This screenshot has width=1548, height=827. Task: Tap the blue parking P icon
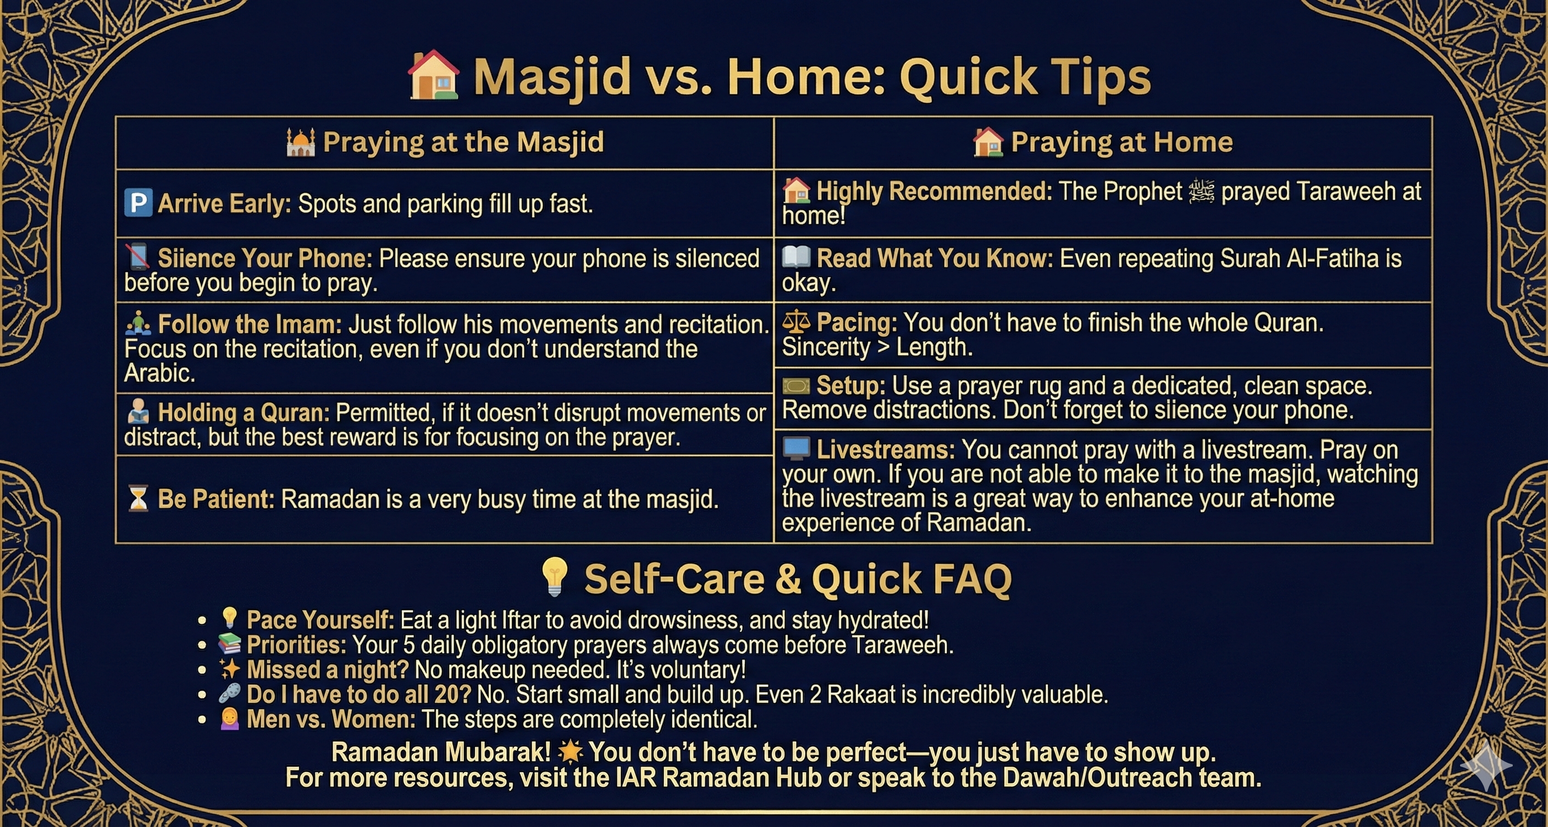137,202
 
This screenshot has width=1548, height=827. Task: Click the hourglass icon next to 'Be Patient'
138,499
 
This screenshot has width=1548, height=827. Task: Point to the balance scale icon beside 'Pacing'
796,323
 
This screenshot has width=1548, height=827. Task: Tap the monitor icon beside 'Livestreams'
796,448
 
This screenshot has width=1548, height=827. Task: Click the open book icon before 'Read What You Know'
796,257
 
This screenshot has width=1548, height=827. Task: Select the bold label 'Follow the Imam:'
250,324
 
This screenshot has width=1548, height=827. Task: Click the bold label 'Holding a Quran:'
244,413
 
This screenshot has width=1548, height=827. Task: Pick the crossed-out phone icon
137,257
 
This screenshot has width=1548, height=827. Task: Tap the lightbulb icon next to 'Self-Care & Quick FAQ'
554,577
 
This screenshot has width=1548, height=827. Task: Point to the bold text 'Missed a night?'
328,670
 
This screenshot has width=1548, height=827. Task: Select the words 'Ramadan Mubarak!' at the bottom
441,752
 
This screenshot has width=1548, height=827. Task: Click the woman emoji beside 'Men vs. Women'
230,718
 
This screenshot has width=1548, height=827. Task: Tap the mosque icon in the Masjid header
301,142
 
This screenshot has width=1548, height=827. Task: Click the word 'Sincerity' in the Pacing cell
826,348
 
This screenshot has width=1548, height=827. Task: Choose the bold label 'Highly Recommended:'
935,192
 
